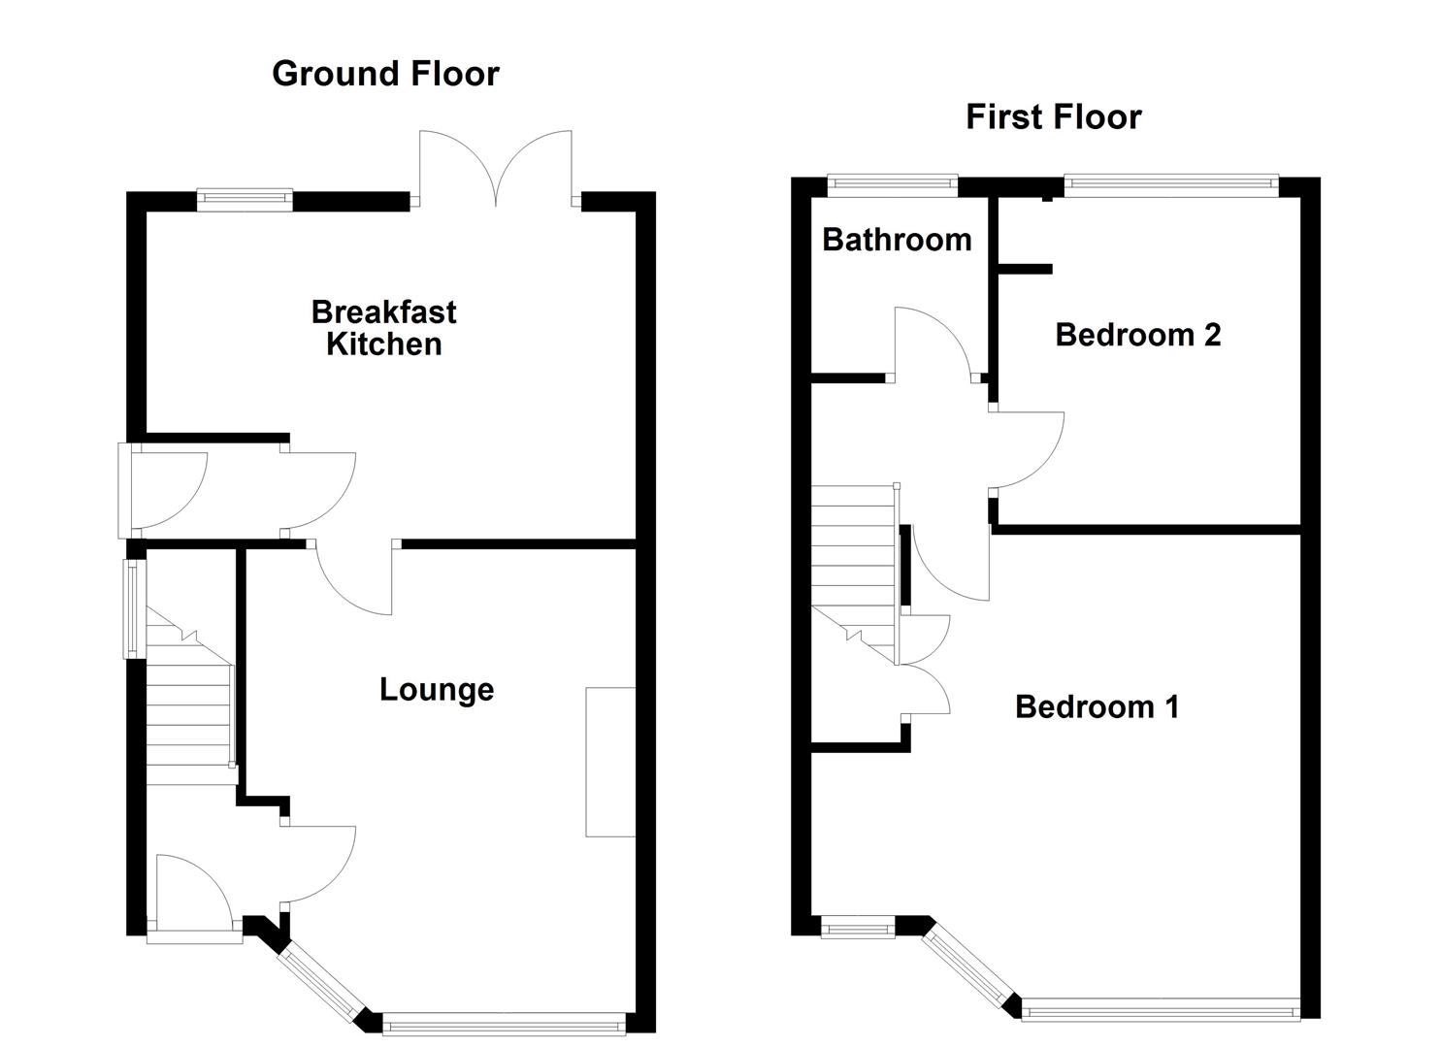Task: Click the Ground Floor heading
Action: [x=385, y=74]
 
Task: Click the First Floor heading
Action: [x=1053, y=117]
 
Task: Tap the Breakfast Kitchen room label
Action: [x=383, y=328]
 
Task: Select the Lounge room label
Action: [x=437, y=689]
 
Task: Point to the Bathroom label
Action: [x=897, y=240]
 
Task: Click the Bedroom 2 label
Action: [x=1137, y=335]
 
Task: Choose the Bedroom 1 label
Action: [x=1097, y=706]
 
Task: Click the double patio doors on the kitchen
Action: [x=496, y=170]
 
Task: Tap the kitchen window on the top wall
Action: [x=245, y=200]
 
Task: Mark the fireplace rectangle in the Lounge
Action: [x=610, y=762]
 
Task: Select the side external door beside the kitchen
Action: [x=165, y=490]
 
